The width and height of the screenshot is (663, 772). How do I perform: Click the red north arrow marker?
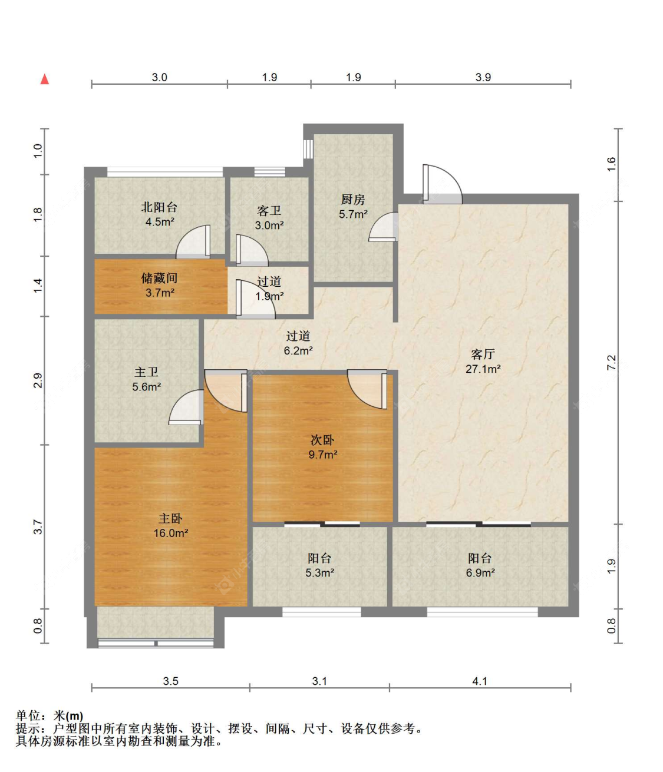(45, 79)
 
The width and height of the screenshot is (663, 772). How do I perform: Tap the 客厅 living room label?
(483, 354)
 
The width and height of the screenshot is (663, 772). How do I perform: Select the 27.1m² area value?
(483, 369)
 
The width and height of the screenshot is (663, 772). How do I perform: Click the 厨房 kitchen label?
(353, 200)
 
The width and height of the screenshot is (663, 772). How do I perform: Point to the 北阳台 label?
(159, 207)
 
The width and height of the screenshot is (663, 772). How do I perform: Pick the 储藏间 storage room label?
(159, 278)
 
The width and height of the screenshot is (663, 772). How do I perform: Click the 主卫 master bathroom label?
(146, 372)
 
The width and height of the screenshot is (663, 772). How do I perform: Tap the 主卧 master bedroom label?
(170, 518)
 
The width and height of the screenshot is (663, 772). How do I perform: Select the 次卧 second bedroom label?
(322, 440)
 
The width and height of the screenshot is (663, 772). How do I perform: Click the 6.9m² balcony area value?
(480, 572)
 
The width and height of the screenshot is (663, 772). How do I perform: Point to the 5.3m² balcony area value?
(319, 572)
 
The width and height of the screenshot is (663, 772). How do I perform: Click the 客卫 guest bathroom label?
(269, 211)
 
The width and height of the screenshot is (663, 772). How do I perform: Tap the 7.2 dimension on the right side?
(611, 362)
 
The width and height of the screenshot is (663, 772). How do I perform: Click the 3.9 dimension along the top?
(483, 77)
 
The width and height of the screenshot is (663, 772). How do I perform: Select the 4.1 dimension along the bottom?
(480, 681)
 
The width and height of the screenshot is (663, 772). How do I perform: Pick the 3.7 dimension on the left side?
(38, 526)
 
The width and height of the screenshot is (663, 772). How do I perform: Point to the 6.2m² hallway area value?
(298, 351)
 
